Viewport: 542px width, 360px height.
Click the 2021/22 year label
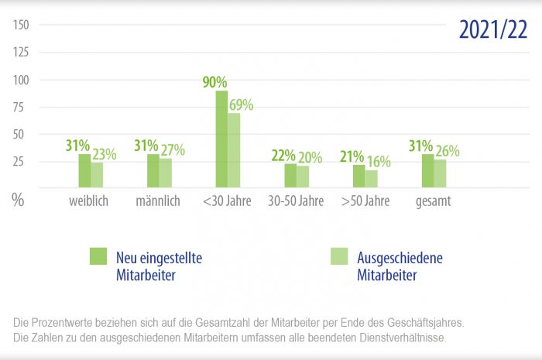click(x=493, y=29)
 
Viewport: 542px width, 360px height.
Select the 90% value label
click(x=215, y=82)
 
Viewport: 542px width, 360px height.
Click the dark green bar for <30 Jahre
click(x=221, y=139)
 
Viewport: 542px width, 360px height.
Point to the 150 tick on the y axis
click(x=21, y=25)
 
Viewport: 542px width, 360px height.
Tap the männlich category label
click(x=157, y=201)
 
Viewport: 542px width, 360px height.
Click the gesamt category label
click(x=434, y=201)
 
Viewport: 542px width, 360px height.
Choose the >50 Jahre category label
click(x=365, y=201)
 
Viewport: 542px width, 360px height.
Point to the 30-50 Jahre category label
click(x=296, y=201)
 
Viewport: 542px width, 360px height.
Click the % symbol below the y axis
click(x=18, y=199)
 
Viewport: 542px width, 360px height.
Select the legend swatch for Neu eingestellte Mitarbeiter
click(x=98, y=256)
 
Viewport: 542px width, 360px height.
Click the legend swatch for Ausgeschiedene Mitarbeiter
click(x=338, y=256)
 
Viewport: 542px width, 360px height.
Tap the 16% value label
click(x=379, y=163)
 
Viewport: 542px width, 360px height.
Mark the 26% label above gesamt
click(x=447, y=151)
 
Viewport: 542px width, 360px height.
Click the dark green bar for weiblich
click(x=84, y=171)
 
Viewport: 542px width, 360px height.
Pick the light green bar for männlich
click(x=166, y=173)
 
